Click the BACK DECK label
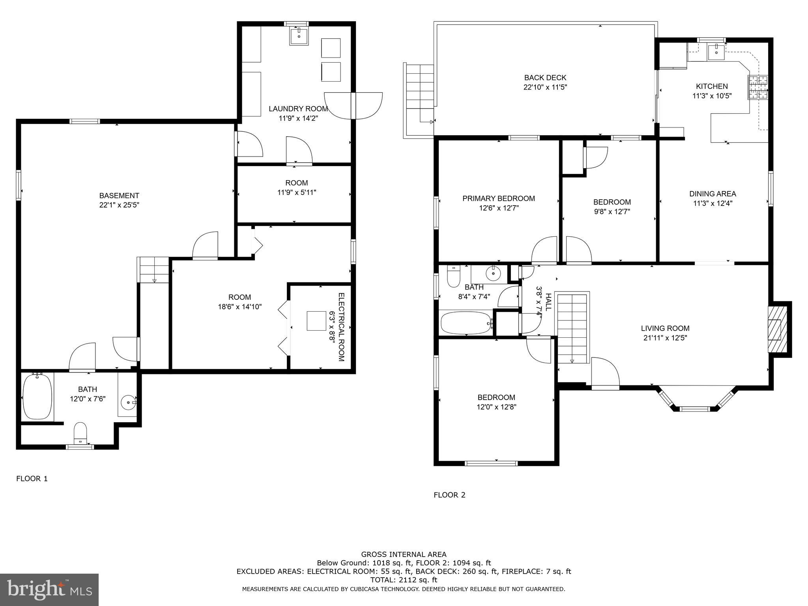coord(545,78)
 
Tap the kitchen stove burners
coord(758,87)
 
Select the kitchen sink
coord(716,52)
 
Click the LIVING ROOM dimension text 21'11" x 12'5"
coord(665,338)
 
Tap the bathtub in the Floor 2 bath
coord(466,323)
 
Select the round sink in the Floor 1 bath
coord(128,403)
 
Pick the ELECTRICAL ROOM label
coord(341,327)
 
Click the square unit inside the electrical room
coord(319,321)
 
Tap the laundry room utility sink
coord(299,36)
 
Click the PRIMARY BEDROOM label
coord(499,198)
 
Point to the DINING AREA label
coord(713,194)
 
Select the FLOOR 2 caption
coord(449,495)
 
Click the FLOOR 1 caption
coord(32,479)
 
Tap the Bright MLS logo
coord(49,589)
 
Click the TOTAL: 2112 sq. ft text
coord(404,580)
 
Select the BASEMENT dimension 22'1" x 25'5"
coord(119,205)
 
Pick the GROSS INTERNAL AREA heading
coord(404,554)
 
